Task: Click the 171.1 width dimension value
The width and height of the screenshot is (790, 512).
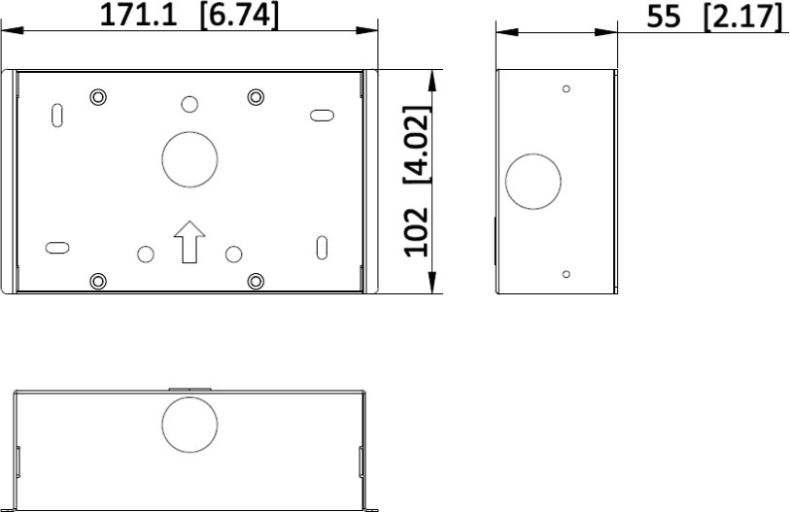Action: [x=139, y=16]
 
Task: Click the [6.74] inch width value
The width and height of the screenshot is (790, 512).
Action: [x=239, y=16]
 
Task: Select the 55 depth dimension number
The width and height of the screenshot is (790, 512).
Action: [x=664, y=17]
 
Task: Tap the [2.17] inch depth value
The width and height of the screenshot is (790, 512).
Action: [x=742, y=17]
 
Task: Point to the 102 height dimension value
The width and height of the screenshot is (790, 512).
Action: [x=417, y=232]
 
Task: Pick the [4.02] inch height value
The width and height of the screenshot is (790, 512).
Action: [x=418, y=145]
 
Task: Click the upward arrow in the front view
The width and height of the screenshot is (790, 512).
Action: [x=189, y=242]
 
